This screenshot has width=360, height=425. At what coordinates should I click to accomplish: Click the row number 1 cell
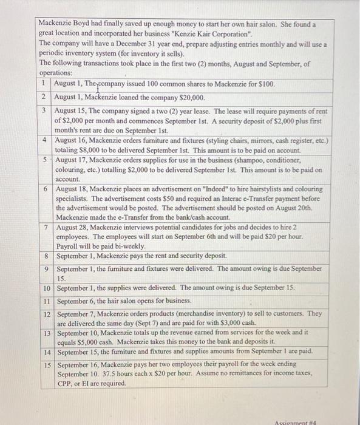pos(45,83)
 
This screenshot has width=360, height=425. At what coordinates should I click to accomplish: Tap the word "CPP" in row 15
pos(64,384)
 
